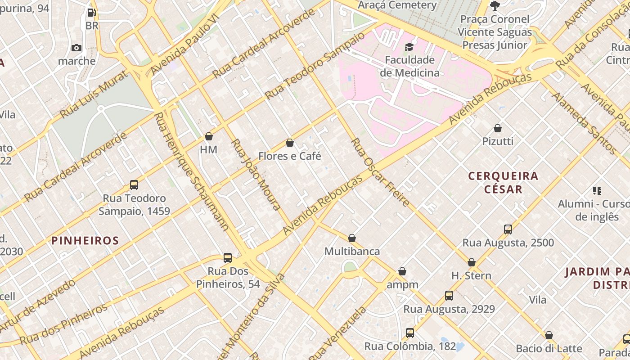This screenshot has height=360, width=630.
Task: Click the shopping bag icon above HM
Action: (x=209, y=136)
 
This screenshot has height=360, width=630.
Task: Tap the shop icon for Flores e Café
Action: (x=290, y=143)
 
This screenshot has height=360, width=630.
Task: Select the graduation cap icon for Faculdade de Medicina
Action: (x=409, y=47)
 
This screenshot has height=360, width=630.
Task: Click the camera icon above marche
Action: (x=76, y=48)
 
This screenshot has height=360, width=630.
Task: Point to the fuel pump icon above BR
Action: (x=91, y=13)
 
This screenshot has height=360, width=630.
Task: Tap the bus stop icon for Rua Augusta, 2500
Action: (x=508, y=229)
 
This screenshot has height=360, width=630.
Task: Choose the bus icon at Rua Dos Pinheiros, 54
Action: (x=228, y=258)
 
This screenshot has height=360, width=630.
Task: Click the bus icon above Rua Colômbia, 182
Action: (x=410, y=333)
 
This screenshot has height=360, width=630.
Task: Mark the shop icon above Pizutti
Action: (x=498, y=129)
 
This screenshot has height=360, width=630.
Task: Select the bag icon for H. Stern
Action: (x=472, y=262)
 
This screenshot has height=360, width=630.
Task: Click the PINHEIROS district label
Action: (x=85, y=240)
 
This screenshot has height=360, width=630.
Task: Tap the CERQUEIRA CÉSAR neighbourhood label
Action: (x=503, y=182)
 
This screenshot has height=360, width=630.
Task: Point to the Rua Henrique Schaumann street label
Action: (x=191, y=171)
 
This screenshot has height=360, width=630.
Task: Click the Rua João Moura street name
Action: (x=256, y=175)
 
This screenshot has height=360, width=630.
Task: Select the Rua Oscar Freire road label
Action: (x=380, y=172)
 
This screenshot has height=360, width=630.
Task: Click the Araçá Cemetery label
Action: (x=397, y=5)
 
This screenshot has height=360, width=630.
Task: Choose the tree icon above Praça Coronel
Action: (x=495, y=6)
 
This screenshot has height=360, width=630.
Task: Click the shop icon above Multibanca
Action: (x=352, y=238)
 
